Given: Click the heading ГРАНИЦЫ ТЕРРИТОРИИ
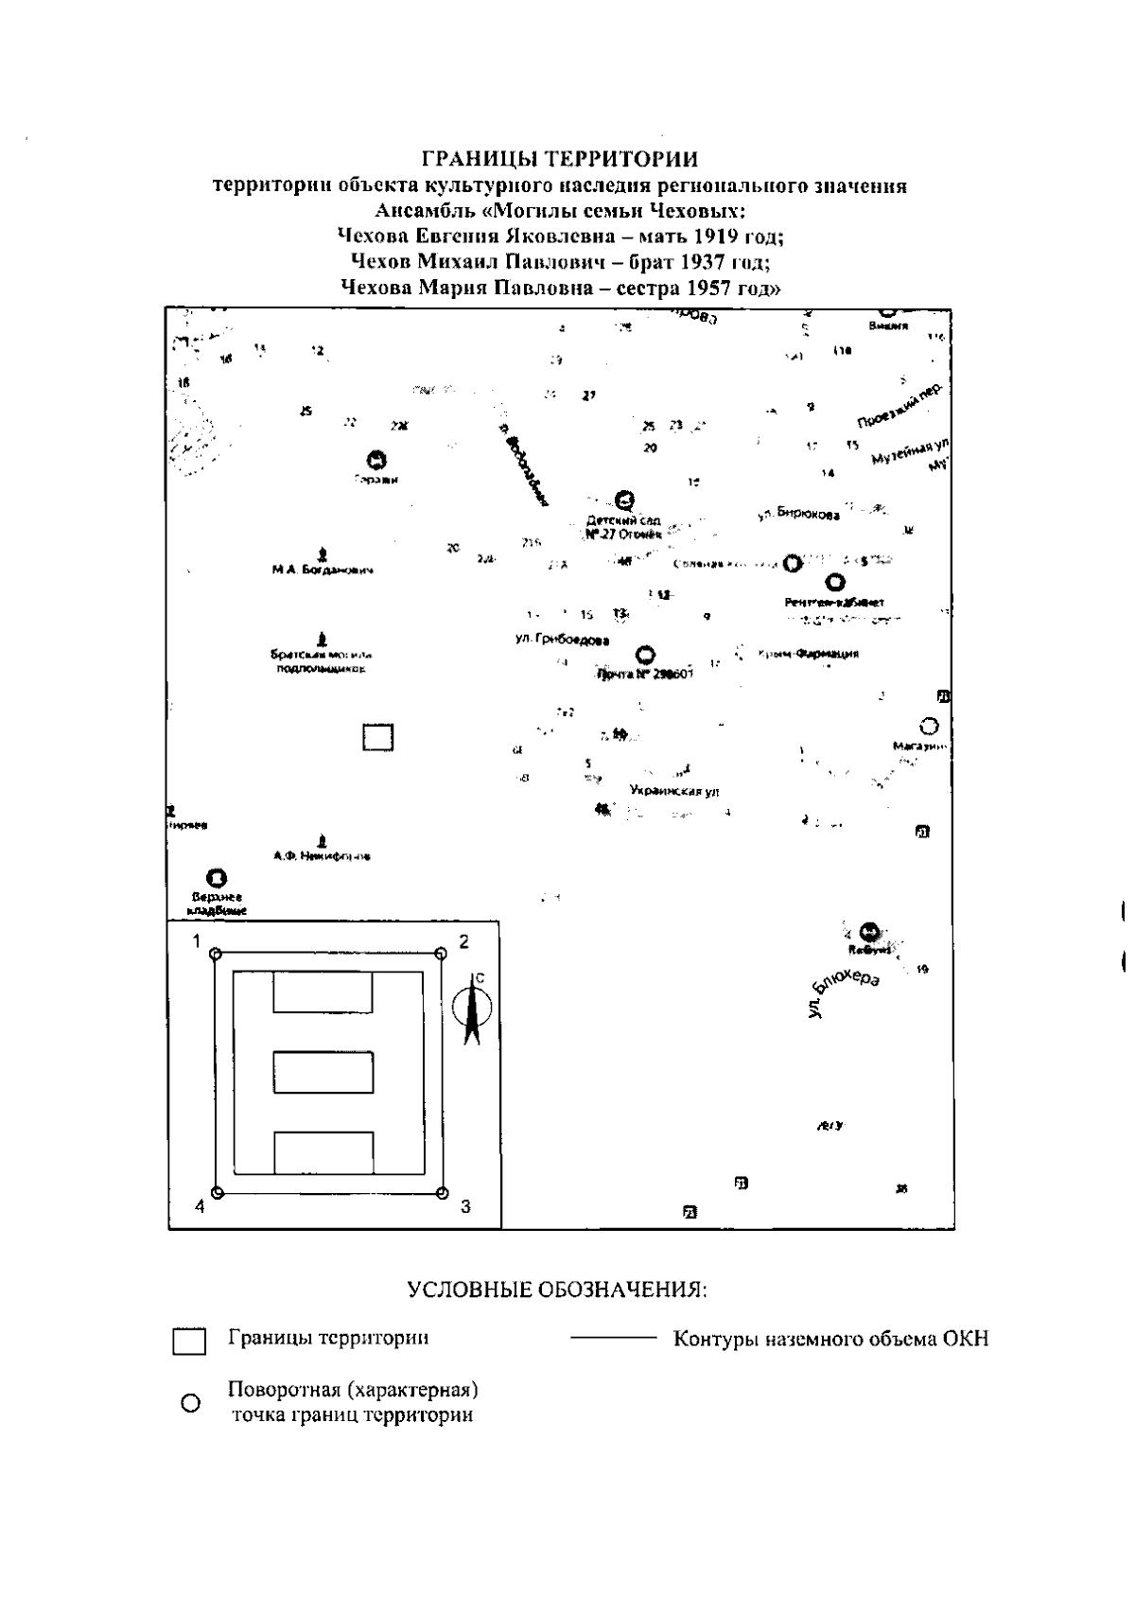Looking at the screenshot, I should (560, 158).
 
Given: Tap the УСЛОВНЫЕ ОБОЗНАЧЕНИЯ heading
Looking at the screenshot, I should (558, 1290).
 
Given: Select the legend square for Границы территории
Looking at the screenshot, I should (189, 1342).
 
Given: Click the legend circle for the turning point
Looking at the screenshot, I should (189, 1403).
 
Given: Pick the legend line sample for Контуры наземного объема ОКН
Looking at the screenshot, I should (612, 1339).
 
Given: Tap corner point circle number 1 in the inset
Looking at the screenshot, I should (216, 954).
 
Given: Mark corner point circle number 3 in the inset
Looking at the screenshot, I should (441, 1193).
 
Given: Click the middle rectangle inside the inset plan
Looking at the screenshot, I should (323, 1072).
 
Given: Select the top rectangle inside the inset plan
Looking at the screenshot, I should (323, 992).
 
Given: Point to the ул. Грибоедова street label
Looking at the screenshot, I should (562, 641).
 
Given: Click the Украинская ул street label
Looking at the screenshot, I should (674, 791).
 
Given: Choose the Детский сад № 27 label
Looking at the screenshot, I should (623, 527).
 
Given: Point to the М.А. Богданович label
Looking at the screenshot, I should (323, 571).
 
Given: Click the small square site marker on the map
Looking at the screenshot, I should (378, 737).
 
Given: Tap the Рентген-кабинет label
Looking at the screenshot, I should (834, 602).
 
